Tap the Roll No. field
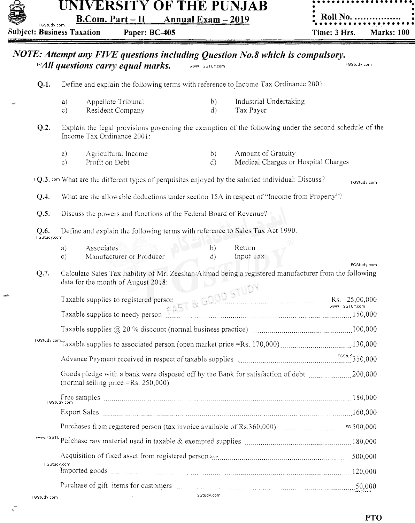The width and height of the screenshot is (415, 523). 361,16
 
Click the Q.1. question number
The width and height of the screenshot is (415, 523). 44,85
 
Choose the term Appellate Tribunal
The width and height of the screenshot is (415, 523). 115,102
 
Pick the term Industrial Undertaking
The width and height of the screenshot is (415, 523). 270,102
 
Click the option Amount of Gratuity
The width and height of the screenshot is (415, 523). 265,153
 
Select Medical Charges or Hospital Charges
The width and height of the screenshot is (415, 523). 292,162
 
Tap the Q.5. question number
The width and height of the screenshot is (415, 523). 44,214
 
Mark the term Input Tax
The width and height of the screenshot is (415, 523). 249,256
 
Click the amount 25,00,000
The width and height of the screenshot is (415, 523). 362,300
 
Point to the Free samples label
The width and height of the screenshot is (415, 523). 80,398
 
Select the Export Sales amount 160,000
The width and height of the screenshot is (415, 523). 364,413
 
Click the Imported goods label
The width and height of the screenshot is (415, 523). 84,471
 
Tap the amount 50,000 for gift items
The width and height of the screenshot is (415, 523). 366,486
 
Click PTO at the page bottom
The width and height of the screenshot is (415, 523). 374,517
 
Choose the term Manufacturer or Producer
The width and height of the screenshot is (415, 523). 125,257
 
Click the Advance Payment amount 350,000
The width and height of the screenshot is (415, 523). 364,359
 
